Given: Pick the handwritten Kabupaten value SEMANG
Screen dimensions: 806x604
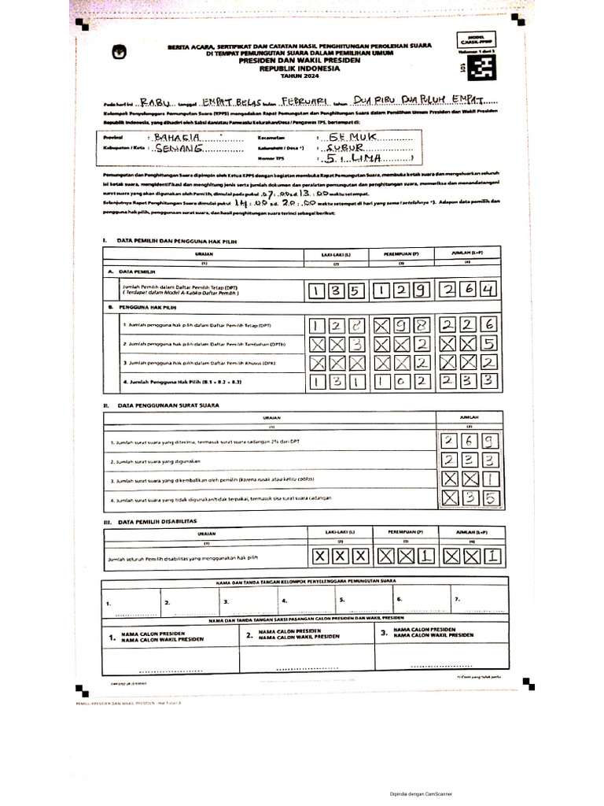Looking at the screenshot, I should (180, 148).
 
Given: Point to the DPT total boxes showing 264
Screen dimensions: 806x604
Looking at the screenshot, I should (470, 291).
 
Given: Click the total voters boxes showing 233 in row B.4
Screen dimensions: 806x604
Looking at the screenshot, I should (470, 381).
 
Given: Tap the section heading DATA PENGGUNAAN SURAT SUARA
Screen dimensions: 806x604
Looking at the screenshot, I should (170, 405).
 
